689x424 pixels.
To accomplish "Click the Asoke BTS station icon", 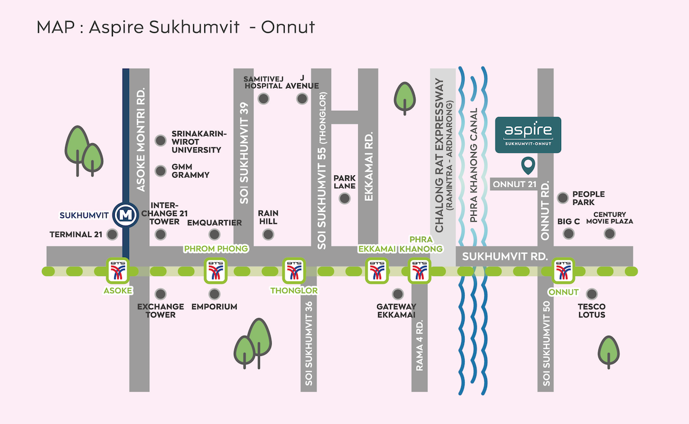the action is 118,271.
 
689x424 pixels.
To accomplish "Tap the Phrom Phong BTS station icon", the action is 215,271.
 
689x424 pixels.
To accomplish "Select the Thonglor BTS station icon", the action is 294,271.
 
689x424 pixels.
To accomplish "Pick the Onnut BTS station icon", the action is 564,271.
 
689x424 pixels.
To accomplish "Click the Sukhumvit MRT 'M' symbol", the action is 125,215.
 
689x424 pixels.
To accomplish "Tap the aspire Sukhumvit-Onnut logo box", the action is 528,135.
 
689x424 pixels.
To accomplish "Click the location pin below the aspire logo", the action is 528,166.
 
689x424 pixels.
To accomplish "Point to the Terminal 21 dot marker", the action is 112,234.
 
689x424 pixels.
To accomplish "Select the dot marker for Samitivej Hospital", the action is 263,99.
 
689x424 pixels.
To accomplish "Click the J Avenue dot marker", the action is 302,99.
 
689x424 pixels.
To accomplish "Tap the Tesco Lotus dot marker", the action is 592,294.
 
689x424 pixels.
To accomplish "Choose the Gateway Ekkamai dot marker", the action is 398,294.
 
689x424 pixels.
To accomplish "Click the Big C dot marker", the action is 569,234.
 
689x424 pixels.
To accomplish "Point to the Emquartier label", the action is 214,223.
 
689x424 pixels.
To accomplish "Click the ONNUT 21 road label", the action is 514,184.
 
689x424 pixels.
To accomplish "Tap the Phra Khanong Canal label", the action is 474,165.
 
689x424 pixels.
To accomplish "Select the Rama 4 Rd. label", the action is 420,345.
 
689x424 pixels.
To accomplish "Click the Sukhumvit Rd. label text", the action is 505,256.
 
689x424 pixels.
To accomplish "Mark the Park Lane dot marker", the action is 344,198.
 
